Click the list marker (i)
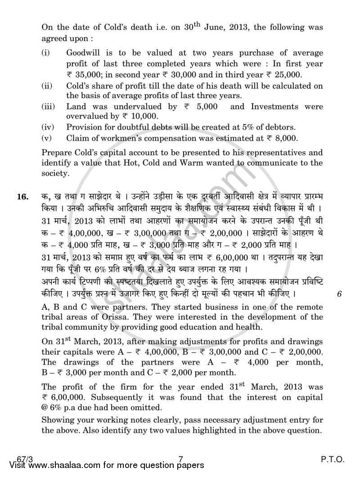tap(45, 53)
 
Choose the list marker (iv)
tap(47, 127)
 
